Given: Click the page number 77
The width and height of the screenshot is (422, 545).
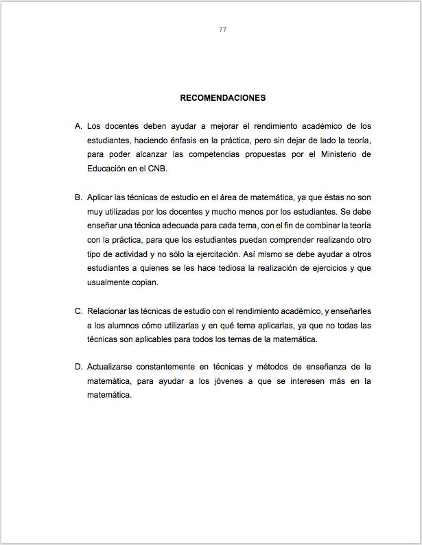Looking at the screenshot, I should coord(222,30).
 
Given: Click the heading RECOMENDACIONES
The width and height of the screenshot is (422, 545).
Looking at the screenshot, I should coord(222,98).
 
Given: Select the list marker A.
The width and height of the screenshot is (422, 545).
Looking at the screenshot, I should coord(78,126).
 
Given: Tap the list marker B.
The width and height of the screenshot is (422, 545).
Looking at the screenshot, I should coord(78,197).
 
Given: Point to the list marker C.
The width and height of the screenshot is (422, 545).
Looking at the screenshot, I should coord(78,311).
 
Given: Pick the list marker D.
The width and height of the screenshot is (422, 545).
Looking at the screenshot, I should coord(78,367).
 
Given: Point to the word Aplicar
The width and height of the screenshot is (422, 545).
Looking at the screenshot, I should coord(99,197).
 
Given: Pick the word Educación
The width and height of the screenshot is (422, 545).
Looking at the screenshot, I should coord(107,169).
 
